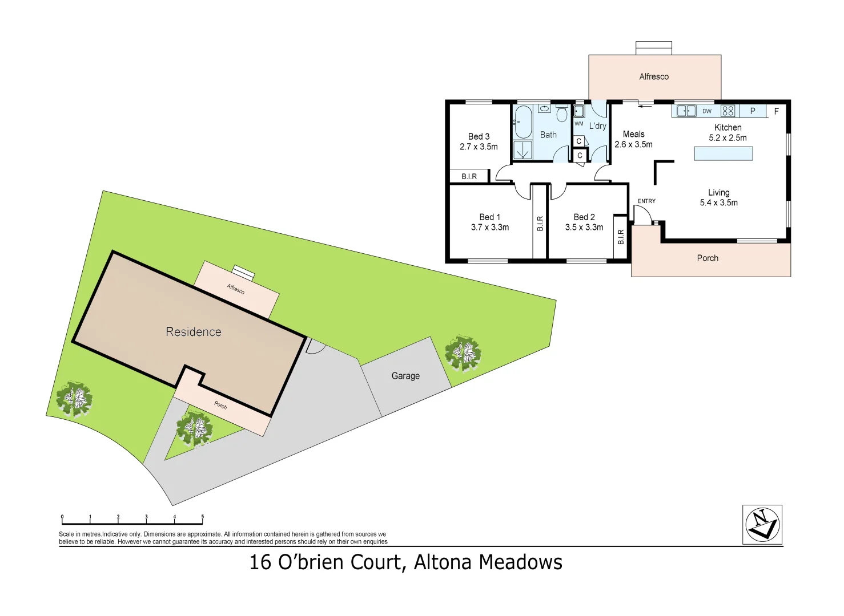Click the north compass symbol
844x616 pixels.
762,524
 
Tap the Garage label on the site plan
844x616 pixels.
405,376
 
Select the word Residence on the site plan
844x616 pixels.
193,332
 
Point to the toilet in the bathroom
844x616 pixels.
562,114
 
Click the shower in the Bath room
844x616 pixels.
523,150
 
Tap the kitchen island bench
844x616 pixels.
723,153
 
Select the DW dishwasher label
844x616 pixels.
707,111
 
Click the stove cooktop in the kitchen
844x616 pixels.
728,111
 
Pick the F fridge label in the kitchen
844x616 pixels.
776,111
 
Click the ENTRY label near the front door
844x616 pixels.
646,201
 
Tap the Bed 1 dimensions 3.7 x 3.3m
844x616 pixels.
490,227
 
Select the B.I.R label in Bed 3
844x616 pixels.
469,177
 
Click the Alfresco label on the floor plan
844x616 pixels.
654,76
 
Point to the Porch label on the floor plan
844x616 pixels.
708,258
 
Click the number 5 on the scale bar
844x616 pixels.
202,517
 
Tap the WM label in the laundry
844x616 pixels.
578,124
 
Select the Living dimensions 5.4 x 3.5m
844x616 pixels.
718,202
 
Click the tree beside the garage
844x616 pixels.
463,354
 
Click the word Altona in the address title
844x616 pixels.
443,562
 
